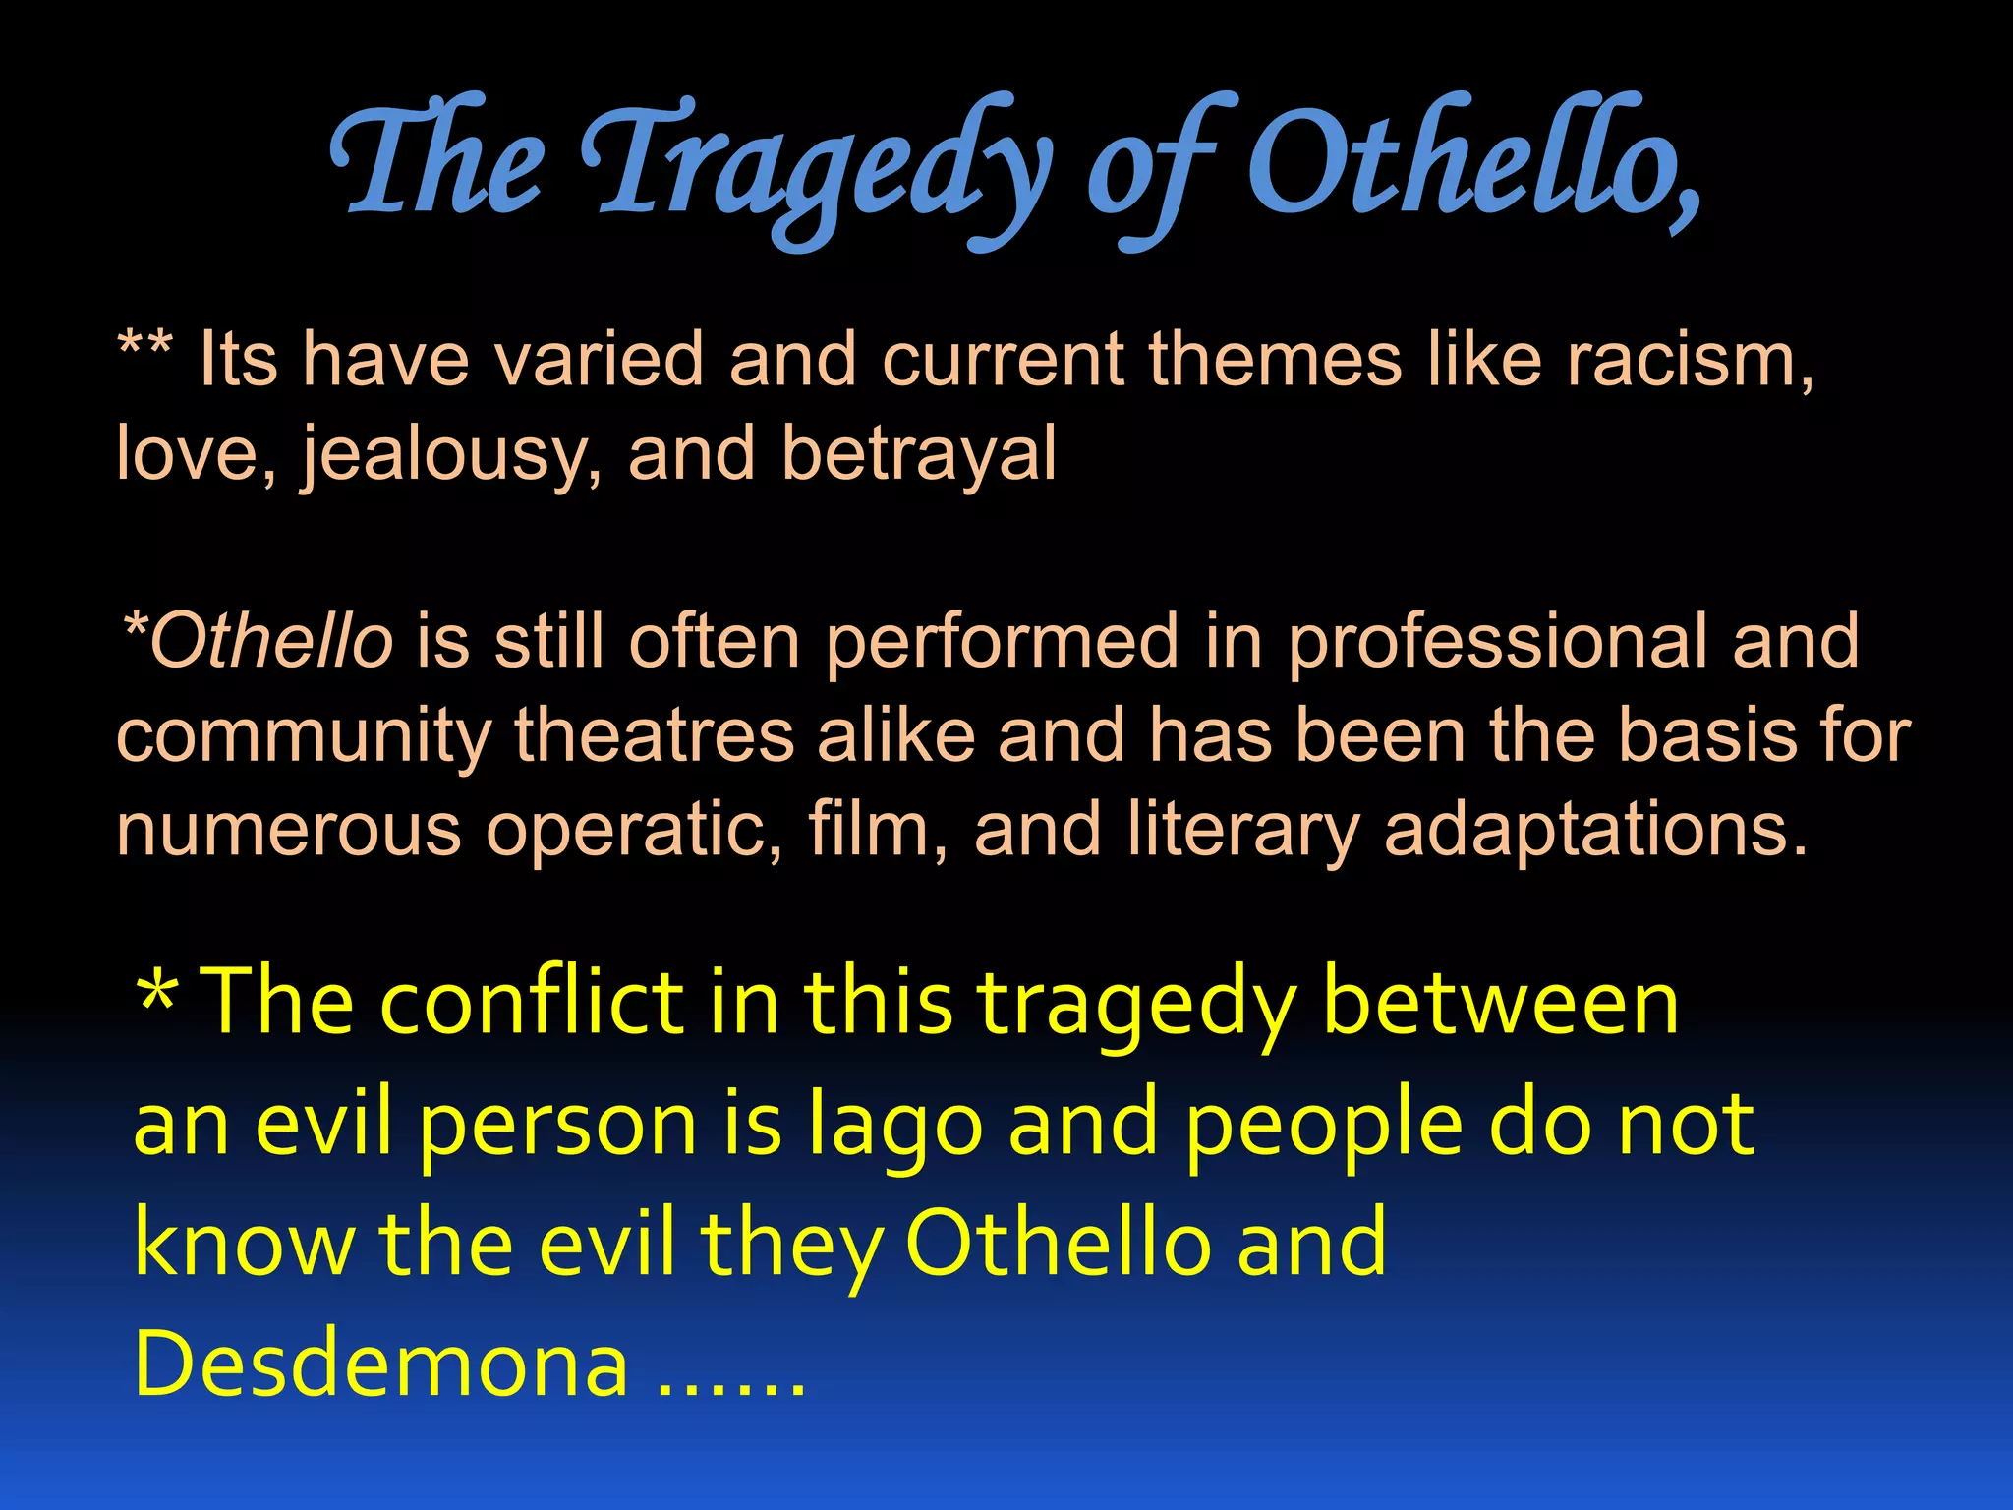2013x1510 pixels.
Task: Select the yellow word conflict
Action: coord(531,1003)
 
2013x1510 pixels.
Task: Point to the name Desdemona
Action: coord(380,1364)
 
